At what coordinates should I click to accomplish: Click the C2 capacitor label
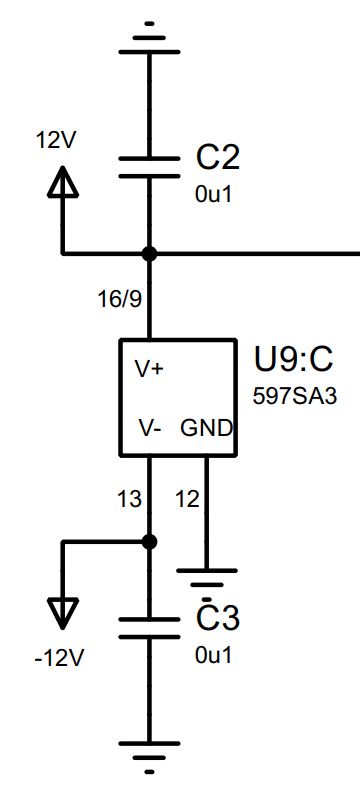tap(218, 158)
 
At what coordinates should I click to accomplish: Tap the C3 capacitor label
tap(218, 620)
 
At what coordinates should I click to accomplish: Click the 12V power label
tap(55, 141)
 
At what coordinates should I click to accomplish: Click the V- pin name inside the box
tap(150, 428)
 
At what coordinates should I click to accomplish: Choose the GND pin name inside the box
tap(206, 428)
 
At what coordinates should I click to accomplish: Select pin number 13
tap(129, 497)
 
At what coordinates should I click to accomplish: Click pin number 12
tap(187, 497)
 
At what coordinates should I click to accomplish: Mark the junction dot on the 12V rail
tap(149, 254)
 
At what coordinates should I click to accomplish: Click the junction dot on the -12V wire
tap(149, 541)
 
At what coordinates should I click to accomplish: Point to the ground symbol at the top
tap(149, 35)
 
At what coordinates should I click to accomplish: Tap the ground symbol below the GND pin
tap(206, 578)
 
